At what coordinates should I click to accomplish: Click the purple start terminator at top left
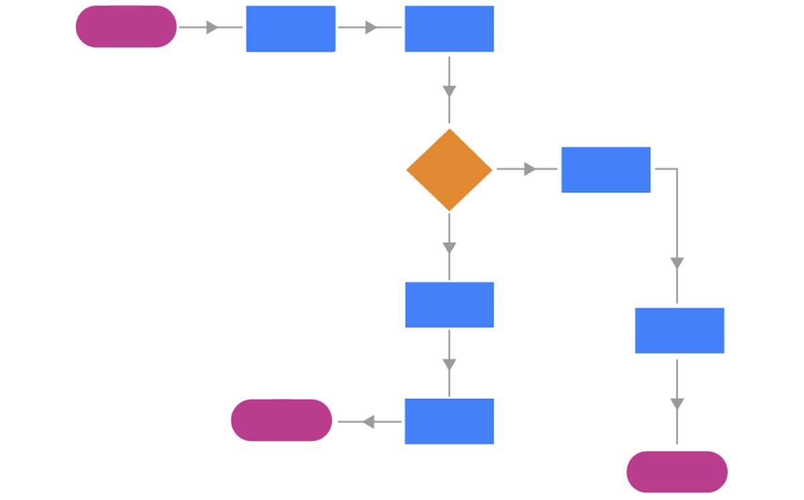coord(126,27)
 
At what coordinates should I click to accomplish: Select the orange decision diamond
coord(449,170)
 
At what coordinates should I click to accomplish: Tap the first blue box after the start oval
coord(290,29)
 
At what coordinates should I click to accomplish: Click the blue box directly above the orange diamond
coord(449,29)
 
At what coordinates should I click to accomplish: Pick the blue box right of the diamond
coord(606,170)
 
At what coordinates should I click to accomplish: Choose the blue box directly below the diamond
coord(449,305)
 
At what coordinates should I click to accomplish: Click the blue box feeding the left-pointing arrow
coord(449,422)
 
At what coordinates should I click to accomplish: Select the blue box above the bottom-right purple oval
coord(679,330)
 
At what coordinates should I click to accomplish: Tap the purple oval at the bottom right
coord(677,472)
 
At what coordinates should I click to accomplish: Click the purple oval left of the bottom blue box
coord(281,420)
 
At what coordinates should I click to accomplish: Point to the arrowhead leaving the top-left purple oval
coord(212,27)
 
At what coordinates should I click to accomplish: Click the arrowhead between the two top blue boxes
coord(371,27)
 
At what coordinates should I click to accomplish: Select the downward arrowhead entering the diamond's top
coord(449,91)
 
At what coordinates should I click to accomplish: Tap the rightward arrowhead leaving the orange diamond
coord(530,170)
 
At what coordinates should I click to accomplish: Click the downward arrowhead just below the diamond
coord(449,248)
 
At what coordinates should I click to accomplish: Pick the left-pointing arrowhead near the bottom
coord(367,422)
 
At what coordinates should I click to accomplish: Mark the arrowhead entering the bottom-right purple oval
coord(677,404)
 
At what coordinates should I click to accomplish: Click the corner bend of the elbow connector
coord(677,169)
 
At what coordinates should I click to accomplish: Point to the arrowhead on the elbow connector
coord(677,263)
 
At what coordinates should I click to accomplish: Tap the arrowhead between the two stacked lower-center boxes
coord(449,365)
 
